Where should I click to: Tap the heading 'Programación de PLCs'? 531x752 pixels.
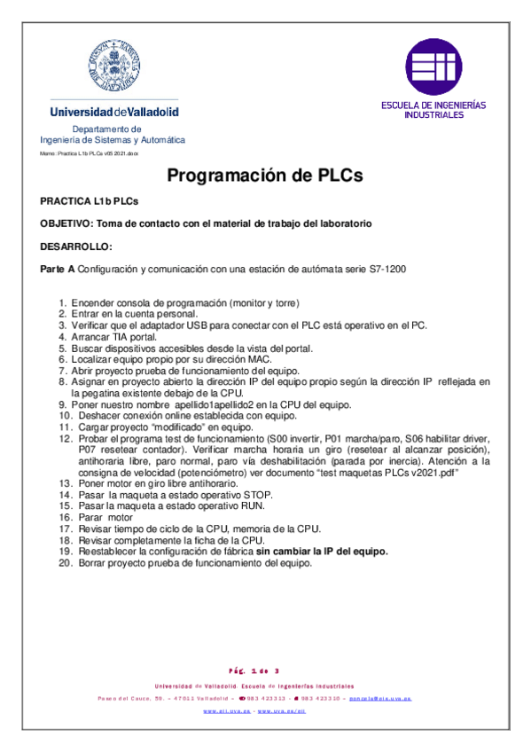click(x=265, y=176)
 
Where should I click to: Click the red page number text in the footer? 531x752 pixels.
click(x=265, y=670)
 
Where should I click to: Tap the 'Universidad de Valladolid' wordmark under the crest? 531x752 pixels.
click(x=114, y=113)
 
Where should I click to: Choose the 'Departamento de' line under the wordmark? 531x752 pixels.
click(x=113, y=129)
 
